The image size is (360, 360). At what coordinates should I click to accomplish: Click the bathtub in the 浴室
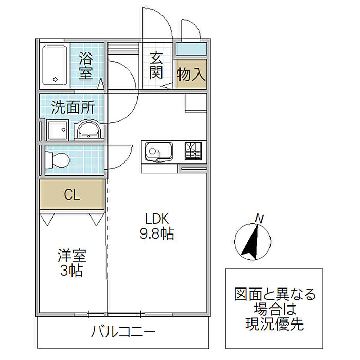click(x=55, y=65)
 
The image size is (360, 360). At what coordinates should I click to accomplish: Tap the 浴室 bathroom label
click(x=86, y=66)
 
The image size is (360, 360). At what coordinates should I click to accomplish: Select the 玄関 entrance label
click(x=156, y=66)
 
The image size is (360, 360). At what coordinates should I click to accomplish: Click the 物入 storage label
click(x=191, y=75)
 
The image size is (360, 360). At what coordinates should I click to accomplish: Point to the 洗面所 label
click(x=73, y=107)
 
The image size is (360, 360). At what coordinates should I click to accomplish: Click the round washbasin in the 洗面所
click(x=88, y=130)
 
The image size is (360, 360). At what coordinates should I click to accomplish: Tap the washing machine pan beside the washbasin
click(x=58, y=130)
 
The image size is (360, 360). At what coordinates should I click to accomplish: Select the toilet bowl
click(x=58, y=160)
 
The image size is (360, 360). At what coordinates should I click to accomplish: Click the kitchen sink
click(x=158, y=152)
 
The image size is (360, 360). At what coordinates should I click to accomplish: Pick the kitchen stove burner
click(x=193, y=151)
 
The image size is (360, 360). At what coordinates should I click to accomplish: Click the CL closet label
click(x=72, y=195)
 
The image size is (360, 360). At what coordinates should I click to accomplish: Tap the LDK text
click(x=157, y=219)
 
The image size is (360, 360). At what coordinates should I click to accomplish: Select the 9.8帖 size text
click(x=157, y=233)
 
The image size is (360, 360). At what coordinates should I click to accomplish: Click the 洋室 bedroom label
click(x=72, y=256)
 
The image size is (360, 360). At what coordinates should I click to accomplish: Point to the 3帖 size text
click(x=71, y=271)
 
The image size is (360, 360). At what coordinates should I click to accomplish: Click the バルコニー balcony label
click(x=123, y=332)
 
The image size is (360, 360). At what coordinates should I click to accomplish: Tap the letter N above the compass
click(x=259, y=219)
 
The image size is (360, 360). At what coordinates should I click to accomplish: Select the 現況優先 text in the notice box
click(x=275, y=324)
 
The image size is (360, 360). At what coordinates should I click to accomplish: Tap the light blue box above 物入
click(x=191, y=49)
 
